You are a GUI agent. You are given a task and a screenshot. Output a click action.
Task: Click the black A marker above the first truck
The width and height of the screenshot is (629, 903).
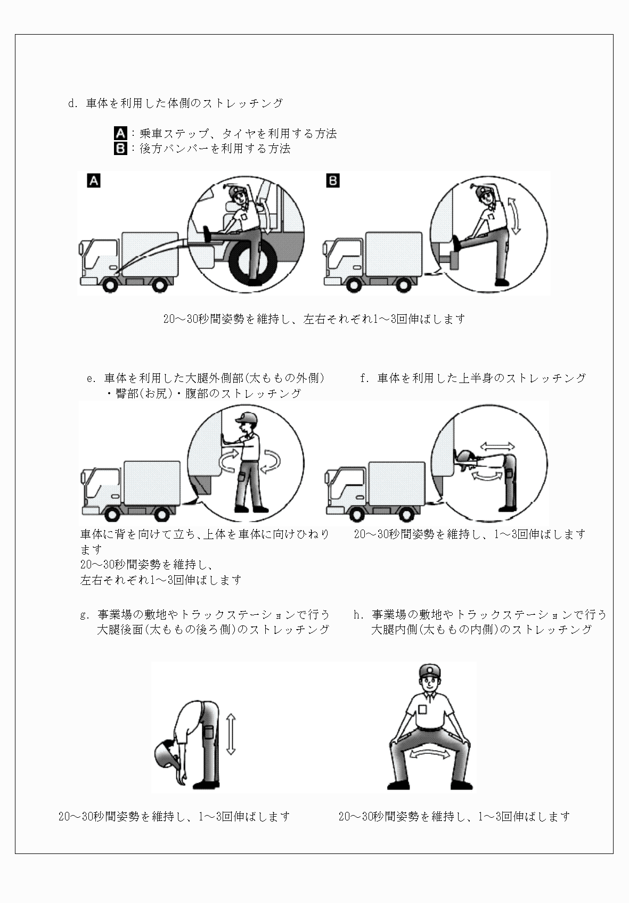94,181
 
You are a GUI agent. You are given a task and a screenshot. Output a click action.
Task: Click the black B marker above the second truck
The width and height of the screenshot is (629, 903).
333,181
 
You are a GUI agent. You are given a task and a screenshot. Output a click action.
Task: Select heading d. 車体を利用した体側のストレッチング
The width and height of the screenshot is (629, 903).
176,103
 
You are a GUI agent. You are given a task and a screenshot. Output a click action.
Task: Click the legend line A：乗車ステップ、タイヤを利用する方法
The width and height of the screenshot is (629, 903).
226,134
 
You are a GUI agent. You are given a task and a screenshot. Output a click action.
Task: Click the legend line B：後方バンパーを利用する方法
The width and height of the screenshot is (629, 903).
203,149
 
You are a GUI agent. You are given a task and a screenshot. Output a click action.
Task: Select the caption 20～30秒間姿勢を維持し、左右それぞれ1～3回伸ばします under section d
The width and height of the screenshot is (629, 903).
314,319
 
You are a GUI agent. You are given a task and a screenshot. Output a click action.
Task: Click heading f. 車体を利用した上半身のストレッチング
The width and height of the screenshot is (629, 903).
473,378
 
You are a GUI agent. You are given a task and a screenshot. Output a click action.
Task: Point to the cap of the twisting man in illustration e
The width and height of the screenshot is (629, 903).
248,417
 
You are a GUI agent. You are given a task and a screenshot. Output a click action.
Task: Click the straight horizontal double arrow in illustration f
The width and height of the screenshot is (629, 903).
497,445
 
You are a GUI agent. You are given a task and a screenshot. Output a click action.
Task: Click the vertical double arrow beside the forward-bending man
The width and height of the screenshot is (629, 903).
230,735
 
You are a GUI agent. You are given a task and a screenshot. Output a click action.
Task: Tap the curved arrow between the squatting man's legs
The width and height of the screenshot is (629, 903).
429,753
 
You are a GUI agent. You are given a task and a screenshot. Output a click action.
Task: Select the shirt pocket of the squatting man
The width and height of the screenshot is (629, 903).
422,710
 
